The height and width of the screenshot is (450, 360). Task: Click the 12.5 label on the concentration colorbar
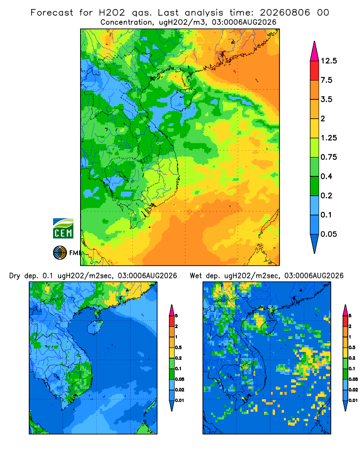click(328, 61)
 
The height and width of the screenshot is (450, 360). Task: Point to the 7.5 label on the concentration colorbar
click(326, 80)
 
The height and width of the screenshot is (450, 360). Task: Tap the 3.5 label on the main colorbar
click(326, 99)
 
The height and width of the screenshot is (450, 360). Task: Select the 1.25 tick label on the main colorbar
click(328, 138)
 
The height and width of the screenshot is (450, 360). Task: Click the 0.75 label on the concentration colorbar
click(328, 157)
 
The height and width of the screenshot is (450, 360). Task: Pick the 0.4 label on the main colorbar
click(326, 176)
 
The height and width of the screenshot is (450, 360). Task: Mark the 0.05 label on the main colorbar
click(328, 234)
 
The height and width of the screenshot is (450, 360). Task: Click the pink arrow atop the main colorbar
click(315, 51)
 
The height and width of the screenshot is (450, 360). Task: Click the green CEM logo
click(63, 229)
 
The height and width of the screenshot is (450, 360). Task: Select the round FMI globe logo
click(60, 252)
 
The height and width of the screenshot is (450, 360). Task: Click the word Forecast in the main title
click(52, 13)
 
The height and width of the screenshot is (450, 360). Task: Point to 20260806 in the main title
click(285, 13)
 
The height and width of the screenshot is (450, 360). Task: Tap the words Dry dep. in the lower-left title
click(24, 276)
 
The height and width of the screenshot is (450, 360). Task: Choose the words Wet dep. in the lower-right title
click(205, 276)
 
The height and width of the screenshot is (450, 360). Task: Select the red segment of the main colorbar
click(315, 71)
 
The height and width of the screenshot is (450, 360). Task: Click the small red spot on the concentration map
click(235, 71)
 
